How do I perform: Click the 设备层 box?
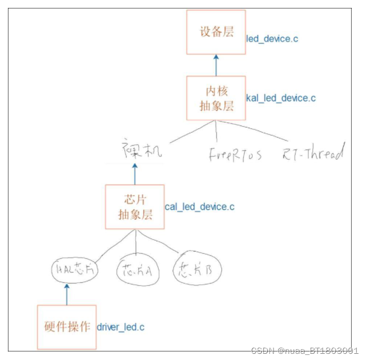[216, 32]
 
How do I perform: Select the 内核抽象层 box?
[216, 98]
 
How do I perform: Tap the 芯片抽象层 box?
[135, 206]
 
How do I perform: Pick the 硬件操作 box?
[66, 326]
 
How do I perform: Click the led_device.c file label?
[272, 39]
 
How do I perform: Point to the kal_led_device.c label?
[281, 98]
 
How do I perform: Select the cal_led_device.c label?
[199, 207]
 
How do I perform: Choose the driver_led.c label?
[120, 327]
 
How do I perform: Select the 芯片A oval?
[137, 272]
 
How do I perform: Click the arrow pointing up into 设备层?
[216, 65]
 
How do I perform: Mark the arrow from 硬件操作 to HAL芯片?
[66, 294]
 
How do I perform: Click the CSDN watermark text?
[305, 350]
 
